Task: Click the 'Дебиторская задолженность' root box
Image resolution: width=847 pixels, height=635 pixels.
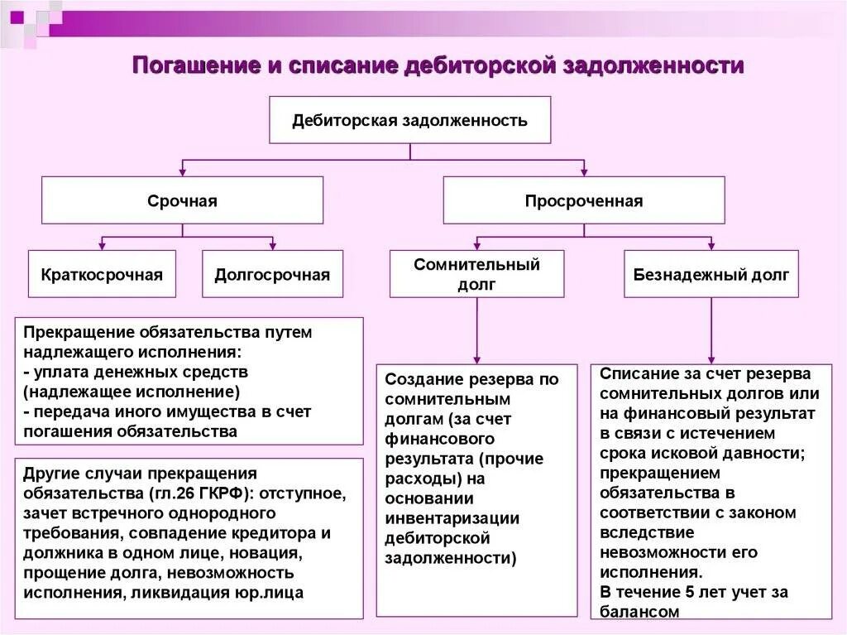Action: point(409,121)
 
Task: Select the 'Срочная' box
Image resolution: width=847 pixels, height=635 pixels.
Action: point(182,200)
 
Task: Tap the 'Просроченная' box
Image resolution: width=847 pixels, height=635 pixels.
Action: point(583,200)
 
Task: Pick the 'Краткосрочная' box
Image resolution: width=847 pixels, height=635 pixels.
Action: point(102,275)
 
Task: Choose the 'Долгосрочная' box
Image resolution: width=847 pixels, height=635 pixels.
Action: point(272,275)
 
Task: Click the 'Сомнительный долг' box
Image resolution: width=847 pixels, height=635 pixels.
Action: point(476,274)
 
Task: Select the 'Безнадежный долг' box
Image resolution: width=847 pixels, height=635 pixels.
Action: point(711,275)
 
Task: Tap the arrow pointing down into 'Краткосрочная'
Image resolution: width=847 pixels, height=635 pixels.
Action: point(102,244)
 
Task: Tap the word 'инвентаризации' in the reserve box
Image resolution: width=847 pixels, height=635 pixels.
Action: point(452,518)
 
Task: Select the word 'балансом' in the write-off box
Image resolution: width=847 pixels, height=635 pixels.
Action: point(640,612)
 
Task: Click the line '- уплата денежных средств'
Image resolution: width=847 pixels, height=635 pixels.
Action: point(136,372)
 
